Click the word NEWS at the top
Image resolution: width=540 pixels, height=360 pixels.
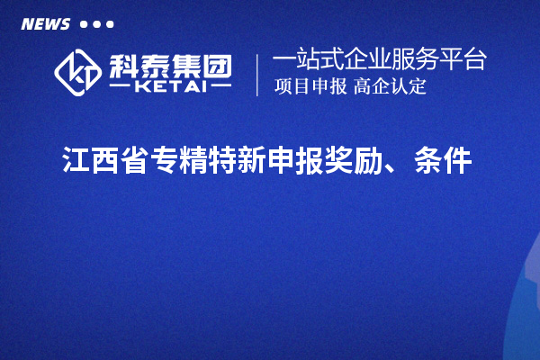[44, 23]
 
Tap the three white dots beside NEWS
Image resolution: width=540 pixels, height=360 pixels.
[96, 23]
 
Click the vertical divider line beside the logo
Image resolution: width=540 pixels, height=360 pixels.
[258, 75]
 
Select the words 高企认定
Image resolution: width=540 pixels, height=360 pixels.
[390, 87]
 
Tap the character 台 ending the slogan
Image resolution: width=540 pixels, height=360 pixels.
[476, 61]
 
